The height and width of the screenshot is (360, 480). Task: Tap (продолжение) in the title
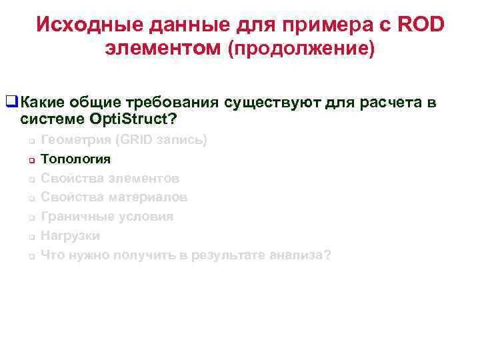(x=301, y=49)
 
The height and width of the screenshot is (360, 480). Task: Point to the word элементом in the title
(x=163, y=49)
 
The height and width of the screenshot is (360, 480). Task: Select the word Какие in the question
(x=43, y=102)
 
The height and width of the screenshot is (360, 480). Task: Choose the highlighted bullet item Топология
(x=76, y=159)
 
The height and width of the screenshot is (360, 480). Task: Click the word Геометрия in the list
(x=75, y=140)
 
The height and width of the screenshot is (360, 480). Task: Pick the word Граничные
(x=75, y=217)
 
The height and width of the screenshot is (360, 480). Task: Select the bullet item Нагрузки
(x=71, y=236)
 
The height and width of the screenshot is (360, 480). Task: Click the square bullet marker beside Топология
(x=31, y=161)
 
